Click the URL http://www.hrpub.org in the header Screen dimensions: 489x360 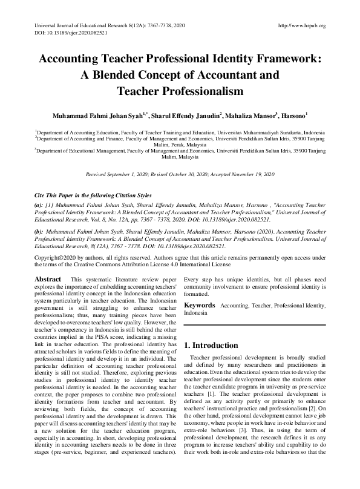click(301, 26)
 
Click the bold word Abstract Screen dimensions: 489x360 click(48, 280)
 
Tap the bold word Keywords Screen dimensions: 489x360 click(200, 306)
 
